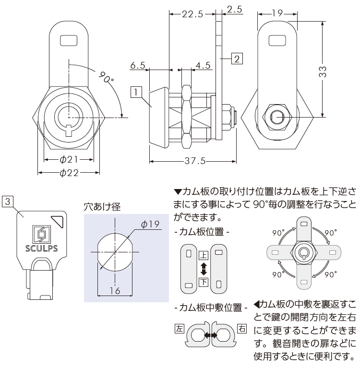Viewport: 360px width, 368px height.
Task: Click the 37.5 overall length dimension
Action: (x=195, y=161)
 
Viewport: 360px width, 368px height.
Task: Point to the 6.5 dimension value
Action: (x=138, y=65)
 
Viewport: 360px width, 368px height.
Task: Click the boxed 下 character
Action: (x=203, y=282)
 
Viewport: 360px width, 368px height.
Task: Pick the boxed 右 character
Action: (x=242, y=329)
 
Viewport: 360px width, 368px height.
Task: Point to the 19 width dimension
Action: (x=277, y=14)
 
